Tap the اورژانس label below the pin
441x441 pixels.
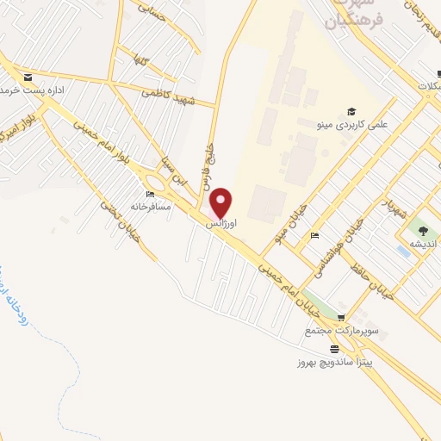pyautogui.click(x=220, y=223)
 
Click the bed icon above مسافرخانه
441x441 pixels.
pyautogui.click(x=152, y=195)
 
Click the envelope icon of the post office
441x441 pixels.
pyautogui.click(x=29, y=78)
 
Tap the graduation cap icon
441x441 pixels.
pyautogui.click(x=351, y=111)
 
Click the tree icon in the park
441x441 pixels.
pyautogui.click(x=422, y=230)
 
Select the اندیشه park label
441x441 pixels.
pyautogui.click(x=422, y=244)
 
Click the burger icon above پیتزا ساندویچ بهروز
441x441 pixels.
pyautogui.click(x=334, y=348)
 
